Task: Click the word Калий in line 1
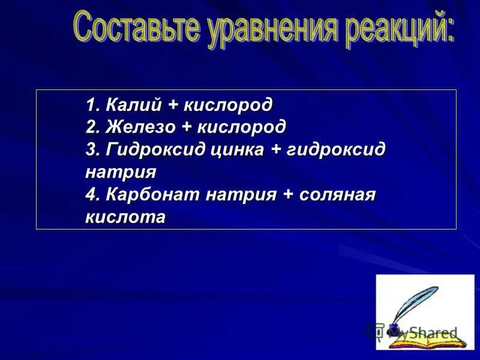pos(134,105)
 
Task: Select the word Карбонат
pos(153,195)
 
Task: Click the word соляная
pos(338,195)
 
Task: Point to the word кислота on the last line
pos(125,217)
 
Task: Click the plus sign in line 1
pos(173,106)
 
